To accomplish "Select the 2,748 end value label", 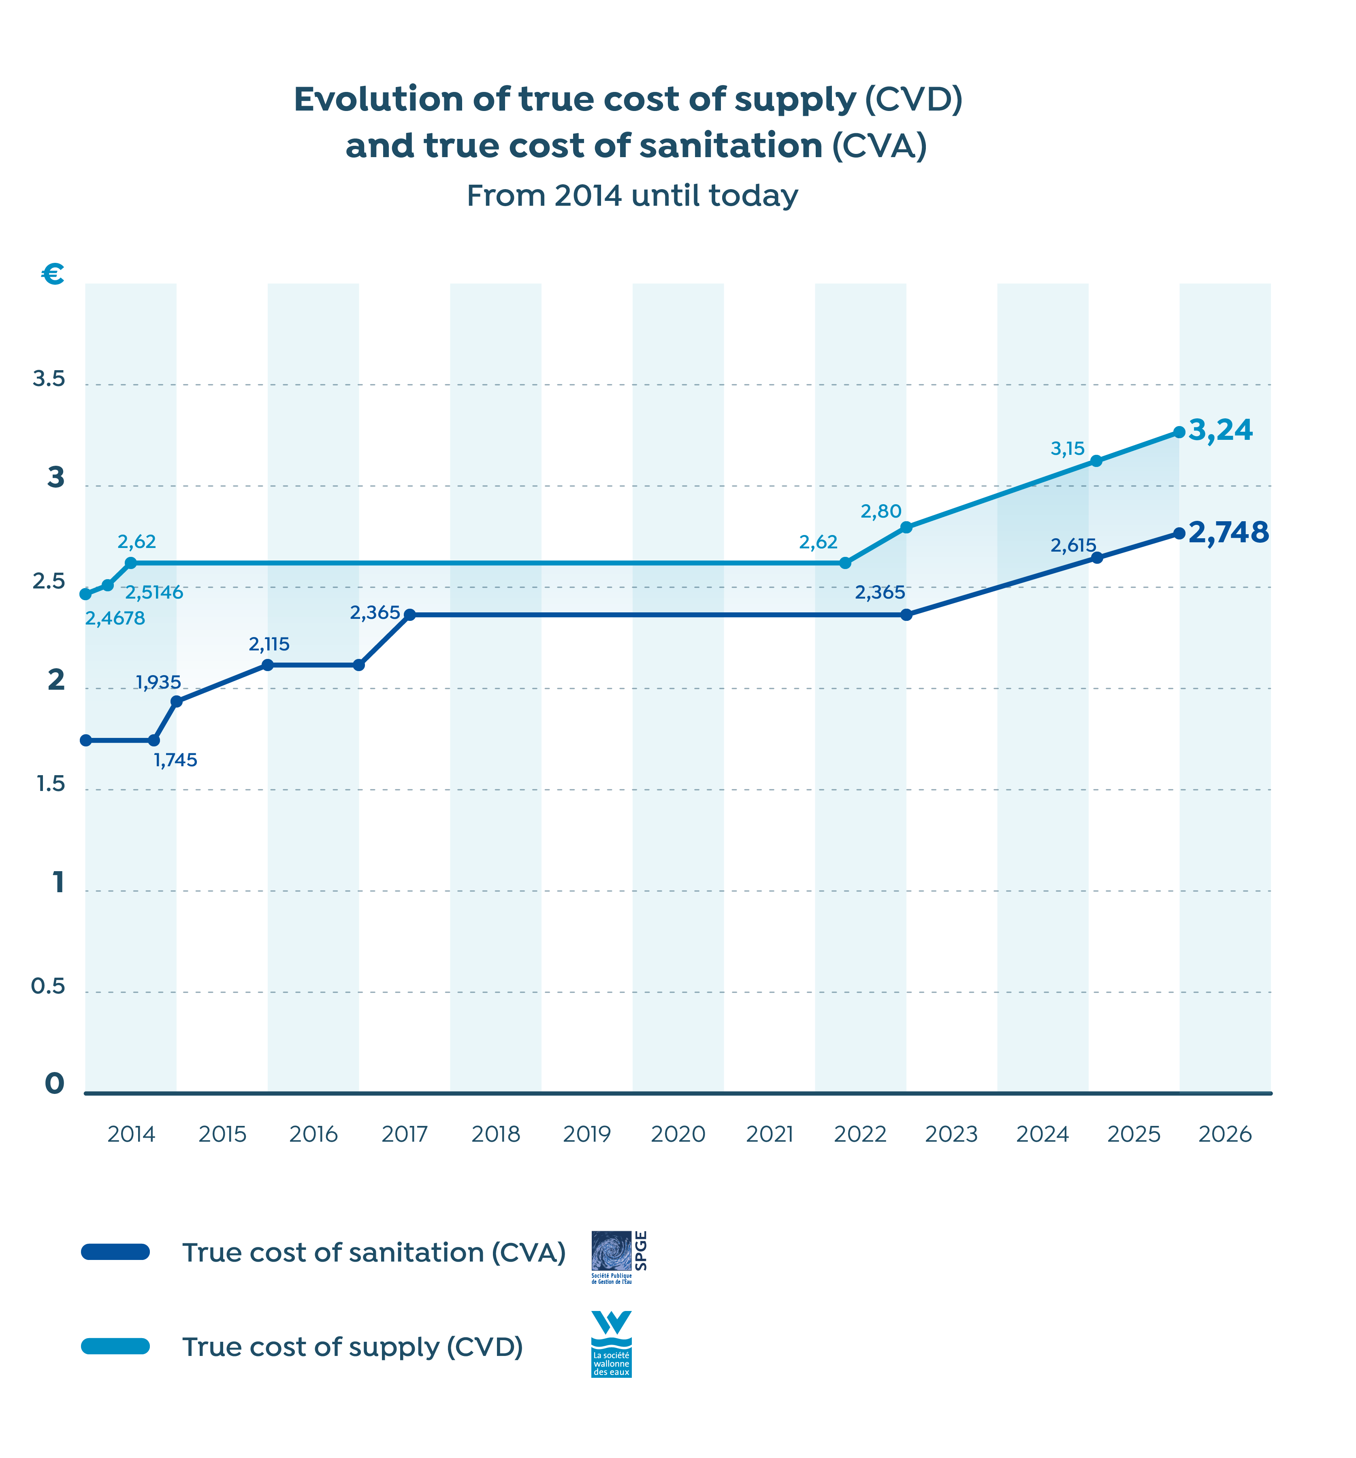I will (x=1228, y=533).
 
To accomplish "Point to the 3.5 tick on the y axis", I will (x=49, y=379).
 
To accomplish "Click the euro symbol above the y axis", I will (x=53, y=275).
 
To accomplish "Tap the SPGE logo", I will (x=618, y=1256).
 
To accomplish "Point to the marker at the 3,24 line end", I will (x=1179, y=432).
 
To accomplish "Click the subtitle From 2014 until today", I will (x=632, y=196).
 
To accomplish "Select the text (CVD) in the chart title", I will (x=913, y=99).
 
